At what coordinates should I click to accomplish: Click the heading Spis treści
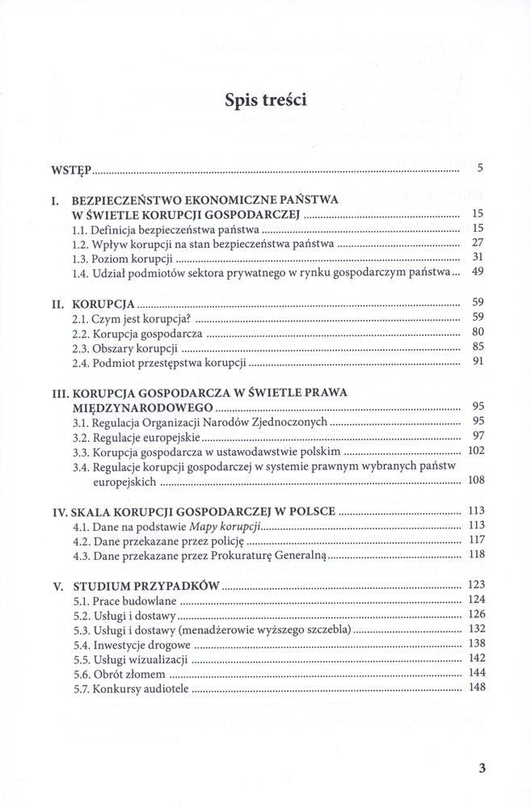tap(265, 102)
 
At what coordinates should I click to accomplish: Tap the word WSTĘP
tap(71, 170)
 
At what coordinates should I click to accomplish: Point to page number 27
tap(477, 243)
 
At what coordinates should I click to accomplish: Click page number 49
tap(477, 273)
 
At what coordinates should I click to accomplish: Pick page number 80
tap(477, 332)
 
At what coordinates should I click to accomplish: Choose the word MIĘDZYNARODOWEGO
tap(125, 407)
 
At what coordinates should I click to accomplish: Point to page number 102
tap(476, 451)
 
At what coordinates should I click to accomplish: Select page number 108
tap(476, 481)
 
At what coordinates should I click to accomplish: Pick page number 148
tap(476, 688)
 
